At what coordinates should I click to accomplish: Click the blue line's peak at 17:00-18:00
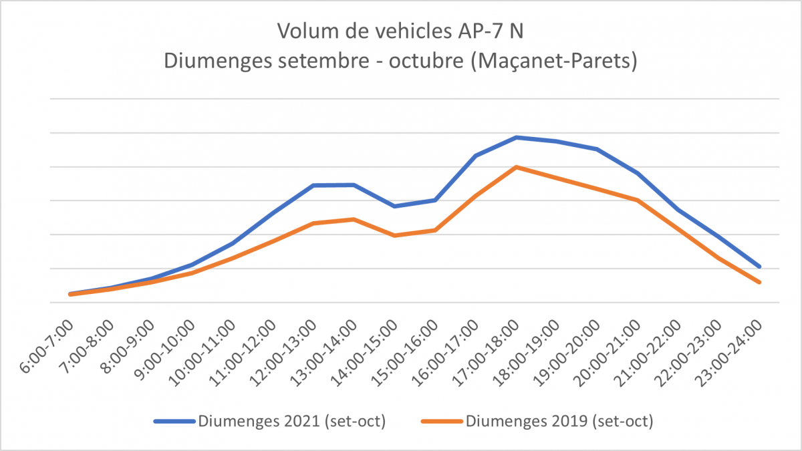pyautogui.click(x=516, y=137)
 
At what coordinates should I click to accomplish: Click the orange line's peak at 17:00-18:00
pyautogui.click(x=516, y=166)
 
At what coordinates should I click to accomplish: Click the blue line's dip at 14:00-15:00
pyautogui.click(x=395, y=206)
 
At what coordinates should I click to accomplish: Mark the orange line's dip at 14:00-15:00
pyautogui.click(x=395, y=235)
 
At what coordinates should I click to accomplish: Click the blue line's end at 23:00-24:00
pyautogui.click(x=759, y=267)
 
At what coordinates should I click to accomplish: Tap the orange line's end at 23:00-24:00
pyautogui.click(x=759, y=282)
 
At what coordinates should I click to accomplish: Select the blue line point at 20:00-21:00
pyautogui.click(x=638, y=173)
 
